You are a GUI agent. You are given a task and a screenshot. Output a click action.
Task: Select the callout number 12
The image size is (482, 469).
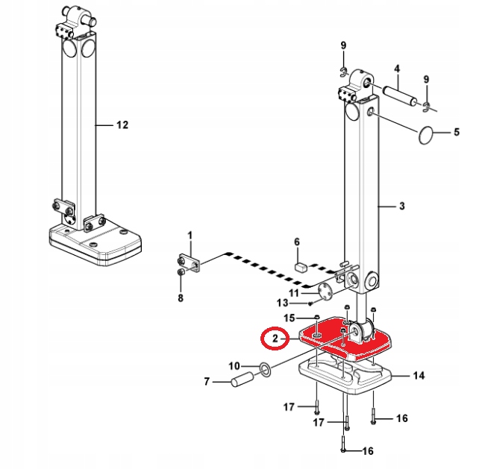[122, 125]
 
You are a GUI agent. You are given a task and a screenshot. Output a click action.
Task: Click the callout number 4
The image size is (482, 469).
[397, 69]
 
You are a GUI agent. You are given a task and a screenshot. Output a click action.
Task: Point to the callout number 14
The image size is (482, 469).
[419, 376]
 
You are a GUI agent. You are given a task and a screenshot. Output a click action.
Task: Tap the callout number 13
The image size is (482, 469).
[282, 303]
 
